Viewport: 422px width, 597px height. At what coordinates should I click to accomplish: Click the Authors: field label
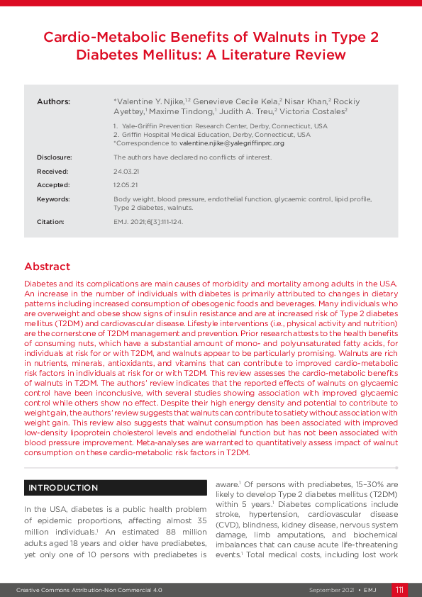pyautogui.click(x=53, y=102)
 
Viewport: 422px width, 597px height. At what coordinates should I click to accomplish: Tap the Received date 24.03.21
pyautogui.click(x=125, y=171)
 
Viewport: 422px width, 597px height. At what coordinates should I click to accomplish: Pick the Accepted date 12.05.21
pyautogui.click(x=125, y=185)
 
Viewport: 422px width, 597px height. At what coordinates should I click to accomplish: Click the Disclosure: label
pyautogui.click(x=55, y=157)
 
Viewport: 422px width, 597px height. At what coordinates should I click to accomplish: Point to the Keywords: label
pyautogui.click(x=53, y=199)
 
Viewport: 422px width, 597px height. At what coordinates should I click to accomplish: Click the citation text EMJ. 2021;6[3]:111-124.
pyautogui.click(x=148, y=222)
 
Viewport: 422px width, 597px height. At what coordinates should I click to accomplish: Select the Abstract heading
pyautogui.click(x=48, y=267)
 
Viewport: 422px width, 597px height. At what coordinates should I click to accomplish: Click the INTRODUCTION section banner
pyautogui.click(x=63, y=488)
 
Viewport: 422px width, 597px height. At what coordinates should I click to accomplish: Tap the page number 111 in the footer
pyautogui.click(x=400, y=590)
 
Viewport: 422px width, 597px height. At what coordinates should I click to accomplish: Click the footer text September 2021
pyautogui.click(x=332, y=590)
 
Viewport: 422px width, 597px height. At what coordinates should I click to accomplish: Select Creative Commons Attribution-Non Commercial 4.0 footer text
pyautogui.click(x=90, y=590)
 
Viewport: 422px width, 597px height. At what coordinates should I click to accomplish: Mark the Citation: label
pyautogui.click(x=50, y=222)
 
